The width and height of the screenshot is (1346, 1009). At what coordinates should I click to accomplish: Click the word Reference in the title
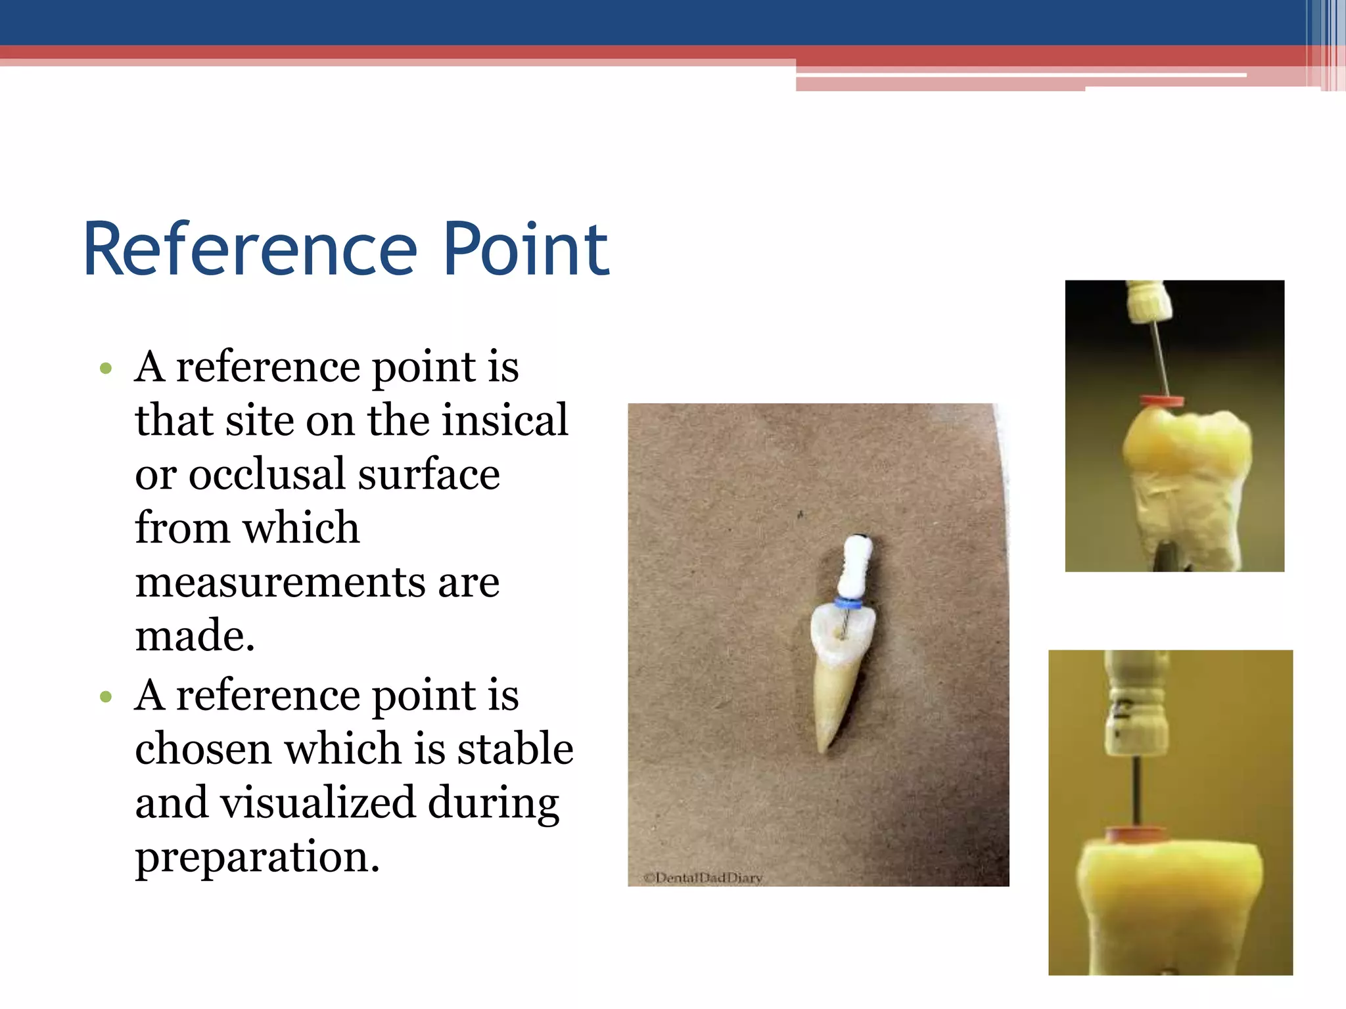pos(250,250)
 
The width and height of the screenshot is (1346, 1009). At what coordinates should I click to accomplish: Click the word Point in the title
pos(526,250)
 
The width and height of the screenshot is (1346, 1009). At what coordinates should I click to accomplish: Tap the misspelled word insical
pos(504,420)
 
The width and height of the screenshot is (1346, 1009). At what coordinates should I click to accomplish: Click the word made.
pos(195,636)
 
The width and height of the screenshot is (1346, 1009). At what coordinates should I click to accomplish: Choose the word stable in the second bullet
pos(515,749)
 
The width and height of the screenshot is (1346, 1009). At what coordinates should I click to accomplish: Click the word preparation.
pos(257,857)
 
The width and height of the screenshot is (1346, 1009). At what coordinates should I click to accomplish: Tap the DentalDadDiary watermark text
pos(703,878)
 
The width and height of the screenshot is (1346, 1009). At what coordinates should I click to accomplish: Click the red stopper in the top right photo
pos(1161,401)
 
